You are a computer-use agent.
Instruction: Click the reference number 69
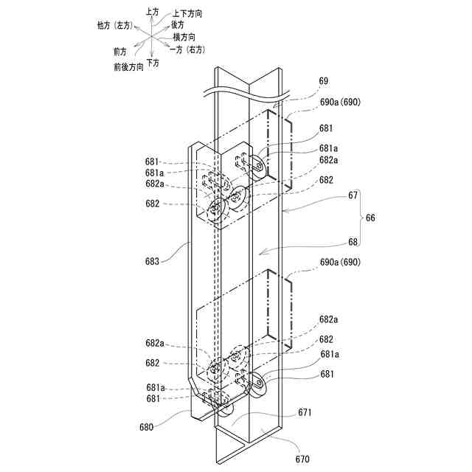point(324,80)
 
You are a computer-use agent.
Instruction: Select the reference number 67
point(353,195)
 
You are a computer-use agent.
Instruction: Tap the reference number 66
point(371,218)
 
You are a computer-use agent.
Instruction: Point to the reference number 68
point(353,241)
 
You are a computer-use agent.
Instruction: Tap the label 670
point(303,457)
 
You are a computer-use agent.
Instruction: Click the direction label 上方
point(152,12)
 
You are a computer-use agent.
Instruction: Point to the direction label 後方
point(178,24)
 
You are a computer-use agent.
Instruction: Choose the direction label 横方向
point(184,36)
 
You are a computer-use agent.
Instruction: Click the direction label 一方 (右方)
point(187,49)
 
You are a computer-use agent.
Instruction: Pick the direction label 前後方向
point(128,66)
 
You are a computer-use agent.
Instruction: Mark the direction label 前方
point(120,52)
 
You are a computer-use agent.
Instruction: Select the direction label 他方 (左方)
point(114,25)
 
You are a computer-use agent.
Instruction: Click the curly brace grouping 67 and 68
point(361,218)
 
